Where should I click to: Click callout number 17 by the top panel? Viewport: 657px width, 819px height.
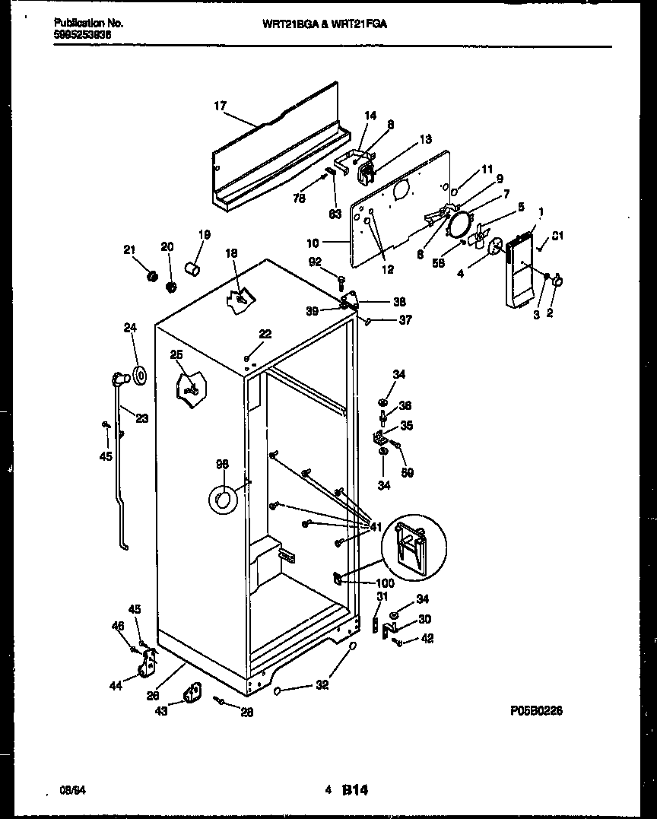coord(219,106)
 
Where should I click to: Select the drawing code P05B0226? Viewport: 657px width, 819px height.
coord(536,711)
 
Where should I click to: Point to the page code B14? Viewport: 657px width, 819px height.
coord(354,791)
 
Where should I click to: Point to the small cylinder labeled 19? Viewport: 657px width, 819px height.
coord(193,269)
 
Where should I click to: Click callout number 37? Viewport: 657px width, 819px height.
coord(405,320)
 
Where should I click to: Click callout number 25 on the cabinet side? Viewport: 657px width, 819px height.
coord(176,354)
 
